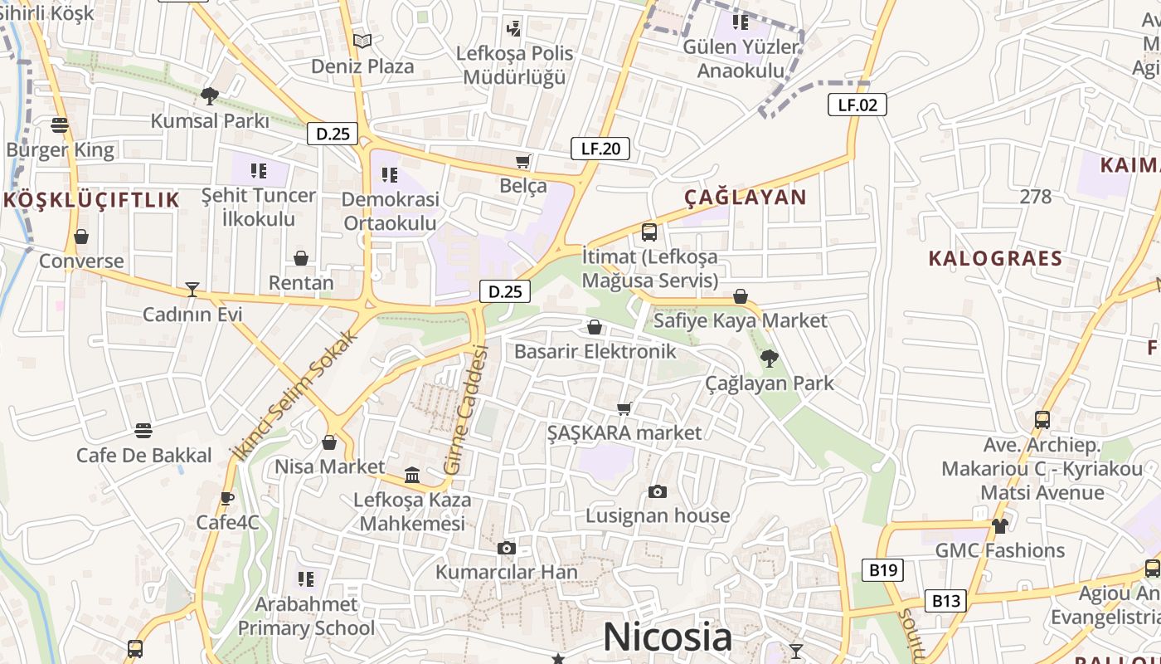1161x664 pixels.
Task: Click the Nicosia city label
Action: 668,637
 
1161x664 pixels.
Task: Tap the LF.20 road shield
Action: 600,149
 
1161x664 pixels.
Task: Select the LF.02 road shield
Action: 857,105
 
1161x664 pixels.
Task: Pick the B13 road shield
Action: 945,601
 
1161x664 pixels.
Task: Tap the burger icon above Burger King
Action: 59,125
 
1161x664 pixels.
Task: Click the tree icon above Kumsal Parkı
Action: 210,95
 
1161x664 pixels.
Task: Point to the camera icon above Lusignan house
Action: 658,491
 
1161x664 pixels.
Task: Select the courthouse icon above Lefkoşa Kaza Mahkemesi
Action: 412,475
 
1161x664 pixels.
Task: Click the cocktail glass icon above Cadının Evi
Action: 192,289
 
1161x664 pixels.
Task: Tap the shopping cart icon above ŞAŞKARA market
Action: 624,408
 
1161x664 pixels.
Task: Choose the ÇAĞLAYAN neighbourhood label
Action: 745,197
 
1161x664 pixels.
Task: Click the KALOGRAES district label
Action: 995,258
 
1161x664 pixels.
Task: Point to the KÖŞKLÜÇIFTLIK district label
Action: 91,200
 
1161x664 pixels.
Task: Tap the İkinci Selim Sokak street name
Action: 298,394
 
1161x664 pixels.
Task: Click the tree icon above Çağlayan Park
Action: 769,359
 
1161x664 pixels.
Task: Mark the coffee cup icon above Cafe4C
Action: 227,498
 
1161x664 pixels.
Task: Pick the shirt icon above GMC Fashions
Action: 1000,525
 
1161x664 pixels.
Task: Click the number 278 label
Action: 1036,197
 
